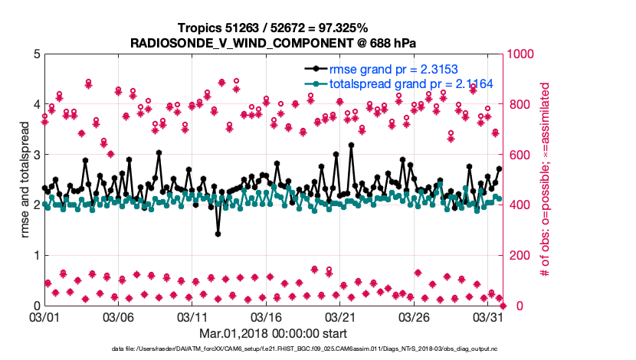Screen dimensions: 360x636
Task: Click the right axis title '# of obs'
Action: click(546, 180)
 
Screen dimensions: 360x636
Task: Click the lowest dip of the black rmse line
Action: click(218, 234)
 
